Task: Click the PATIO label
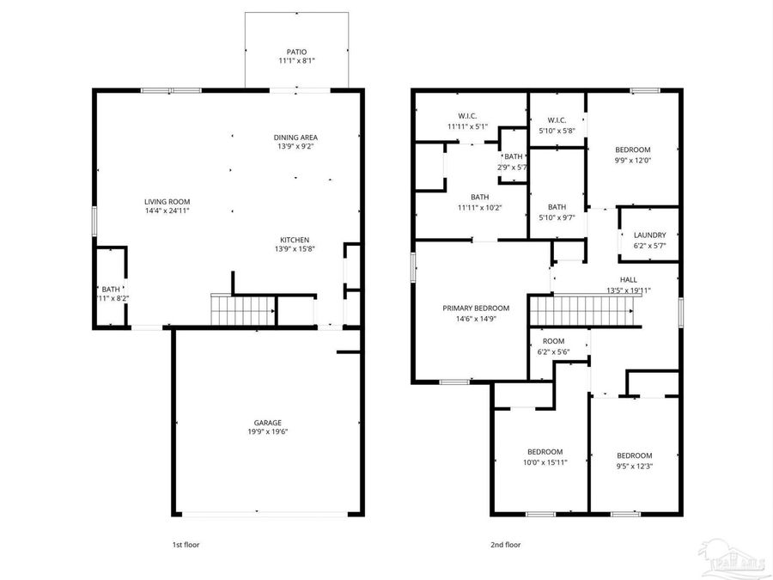(296, 52)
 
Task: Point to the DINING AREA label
(296, 137)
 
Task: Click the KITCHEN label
(295, 240)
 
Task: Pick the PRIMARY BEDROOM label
(476, 308)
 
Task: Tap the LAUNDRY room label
(649, 235)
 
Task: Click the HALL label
(629, 280)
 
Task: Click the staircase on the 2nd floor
(585, 311)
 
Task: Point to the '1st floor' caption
(186, 544)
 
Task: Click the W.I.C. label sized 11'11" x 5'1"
(467, 116)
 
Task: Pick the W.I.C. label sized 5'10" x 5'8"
(557, 120)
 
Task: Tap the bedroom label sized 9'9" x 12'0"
(632, 150)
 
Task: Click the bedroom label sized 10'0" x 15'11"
(545, 452)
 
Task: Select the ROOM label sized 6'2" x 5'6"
(553, 341)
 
